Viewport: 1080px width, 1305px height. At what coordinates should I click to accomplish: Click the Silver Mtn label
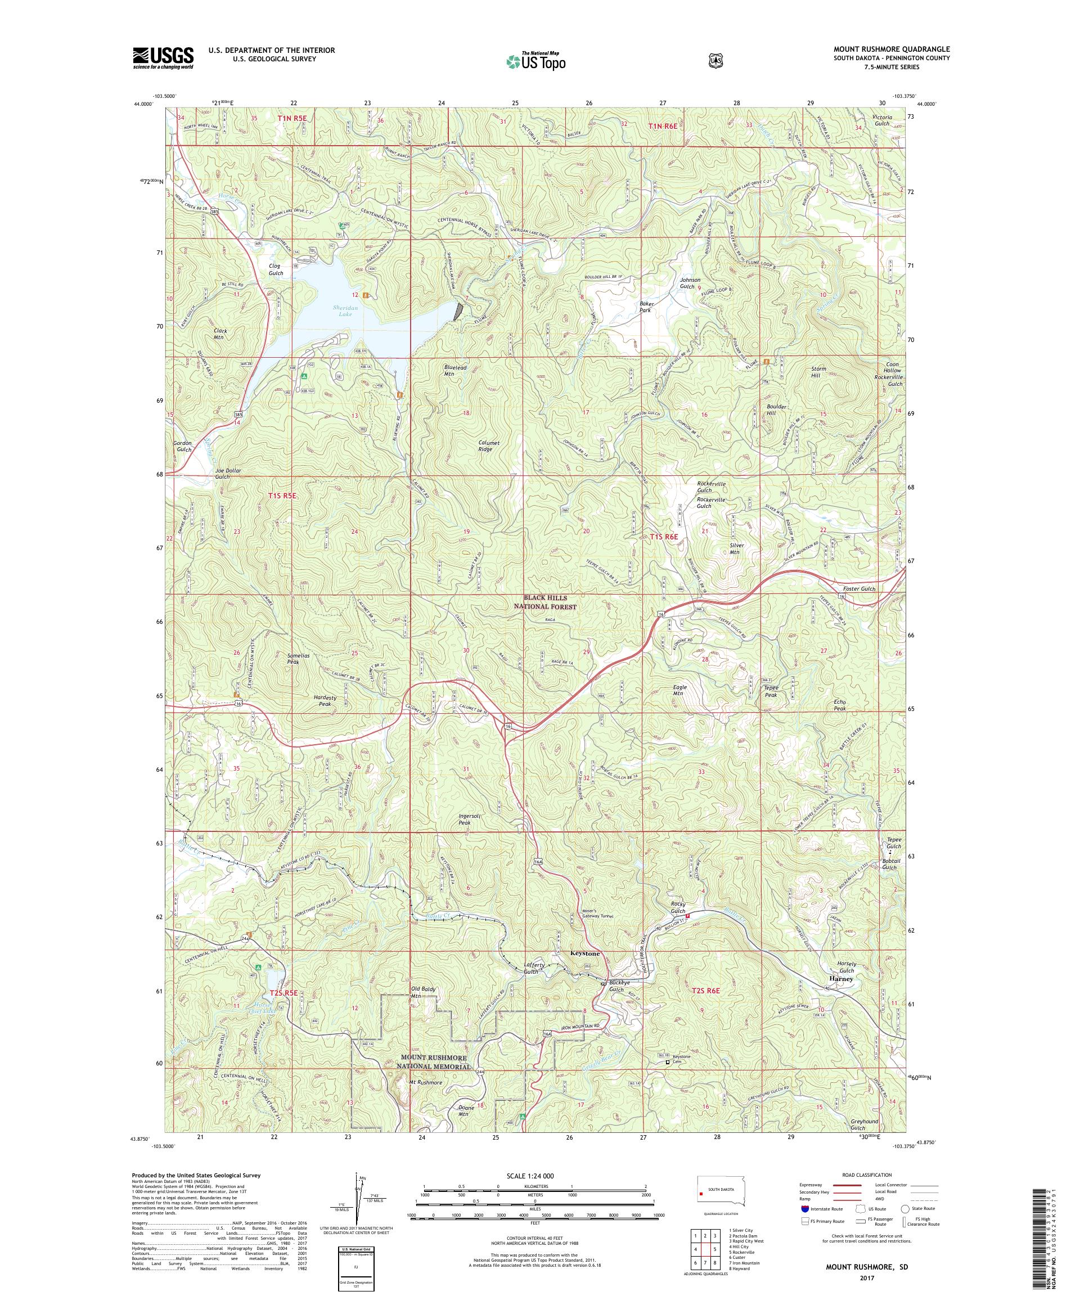(736, 548)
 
